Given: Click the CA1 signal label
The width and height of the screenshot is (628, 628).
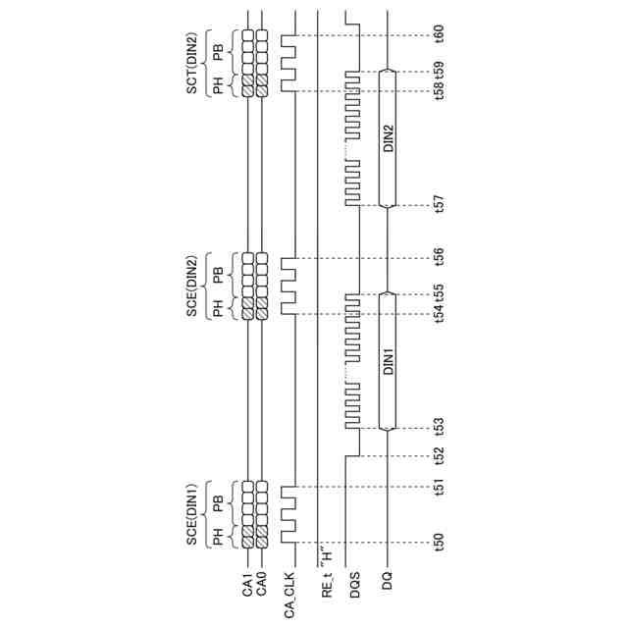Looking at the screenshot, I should [247, 586].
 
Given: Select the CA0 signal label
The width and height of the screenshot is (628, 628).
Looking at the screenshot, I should [262, 586].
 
